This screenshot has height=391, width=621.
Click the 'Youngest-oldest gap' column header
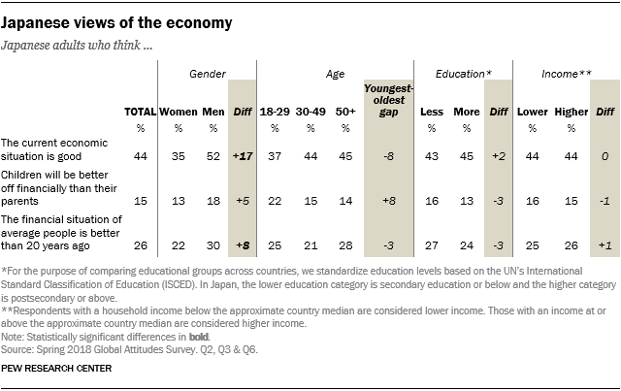pyautogui.click(x=388, y=102)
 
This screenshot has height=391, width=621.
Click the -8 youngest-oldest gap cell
pyautogui.click(x=388, y=155)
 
